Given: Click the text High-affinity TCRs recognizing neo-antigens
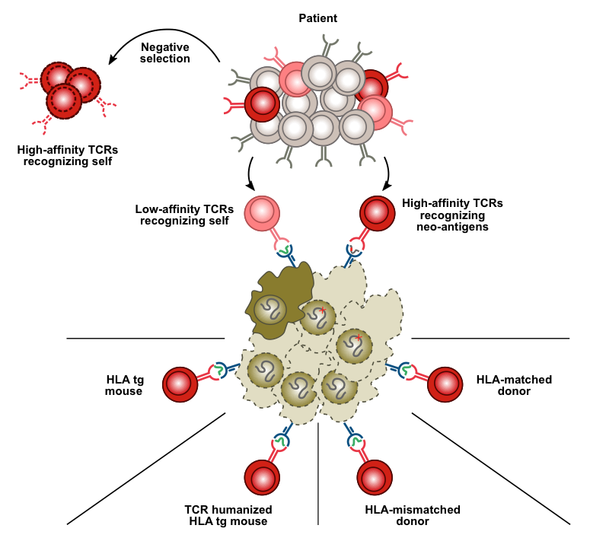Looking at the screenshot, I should (452, 215).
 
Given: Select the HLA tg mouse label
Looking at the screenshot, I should (124, 385).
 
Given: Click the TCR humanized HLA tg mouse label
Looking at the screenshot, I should (228, 515).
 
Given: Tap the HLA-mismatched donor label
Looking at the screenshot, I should (413, 515).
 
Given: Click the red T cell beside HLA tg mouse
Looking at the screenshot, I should (180, 384).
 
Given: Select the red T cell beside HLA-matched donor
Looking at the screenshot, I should (446, 384).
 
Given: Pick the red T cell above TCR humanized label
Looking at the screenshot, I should (261, 478).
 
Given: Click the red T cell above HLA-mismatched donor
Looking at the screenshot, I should (375, 478).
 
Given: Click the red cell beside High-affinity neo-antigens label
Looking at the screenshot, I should (376, 212).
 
